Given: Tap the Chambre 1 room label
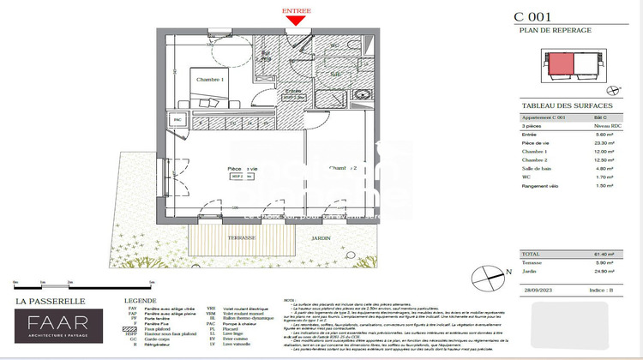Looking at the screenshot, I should point(210,80).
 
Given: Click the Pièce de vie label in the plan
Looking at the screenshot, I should point(243,169).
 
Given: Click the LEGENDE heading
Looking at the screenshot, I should point(141,301).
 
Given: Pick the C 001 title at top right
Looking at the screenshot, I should point(532,16).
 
